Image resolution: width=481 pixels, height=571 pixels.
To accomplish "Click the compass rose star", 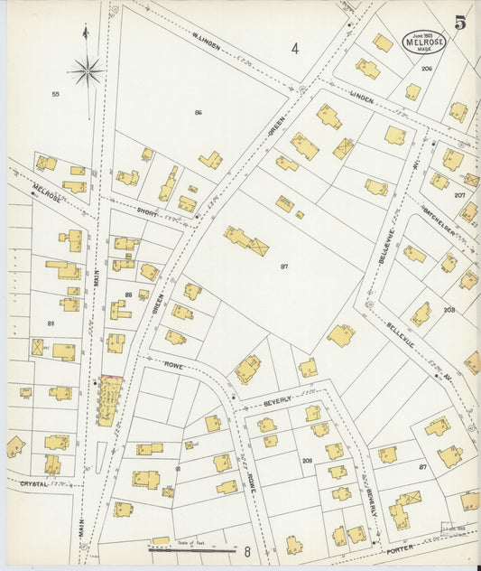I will point(87,70).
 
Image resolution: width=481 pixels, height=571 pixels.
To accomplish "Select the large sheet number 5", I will point(460,23).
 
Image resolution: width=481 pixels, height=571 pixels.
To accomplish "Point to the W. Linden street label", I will point(207,42).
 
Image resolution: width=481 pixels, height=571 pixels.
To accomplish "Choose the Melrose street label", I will point(47,192).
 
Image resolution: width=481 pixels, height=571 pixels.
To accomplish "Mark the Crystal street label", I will point(33,484).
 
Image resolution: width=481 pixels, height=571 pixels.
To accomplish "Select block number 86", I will point(198,112).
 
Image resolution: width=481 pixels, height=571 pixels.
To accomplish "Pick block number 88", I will point(129,295).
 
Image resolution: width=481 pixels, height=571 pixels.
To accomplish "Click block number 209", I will point(307,461).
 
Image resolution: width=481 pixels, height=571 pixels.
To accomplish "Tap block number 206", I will point(426,69).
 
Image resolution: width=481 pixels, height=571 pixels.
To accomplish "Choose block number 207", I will point(459,195).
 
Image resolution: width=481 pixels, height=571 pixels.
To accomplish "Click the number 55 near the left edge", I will point(55,94).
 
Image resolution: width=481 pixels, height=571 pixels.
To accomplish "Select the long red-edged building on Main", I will point(111,402).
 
